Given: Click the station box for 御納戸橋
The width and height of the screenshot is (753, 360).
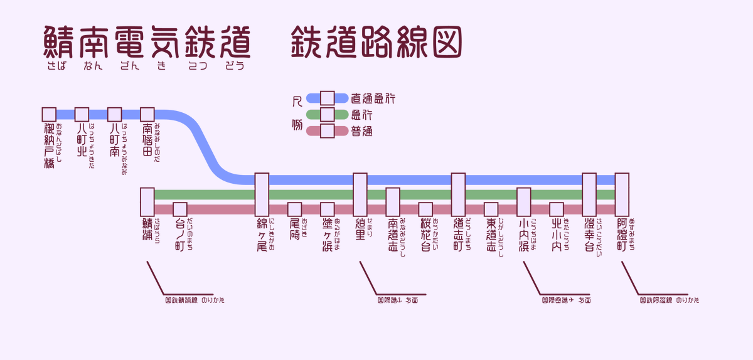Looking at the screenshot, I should coord(49,114).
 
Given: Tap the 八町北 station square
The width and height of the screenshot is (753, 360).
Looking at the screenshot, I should coord(82,114).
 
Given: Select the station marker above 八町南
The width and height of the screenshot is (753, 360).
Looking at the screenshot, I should coord(114,114).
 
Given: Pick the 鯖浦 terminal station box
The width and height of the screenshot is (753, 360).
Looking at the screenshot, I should coord(147,201).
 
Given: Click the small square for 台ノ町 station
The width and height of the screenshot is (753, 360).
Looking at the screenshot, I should coord(180,209).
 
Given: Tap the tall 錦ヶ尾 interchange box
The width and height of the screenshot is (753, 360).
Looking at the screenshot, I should coord(262,194).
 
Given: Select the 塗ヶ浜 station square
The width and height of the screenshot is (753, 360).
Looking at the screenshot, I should coord(327,209).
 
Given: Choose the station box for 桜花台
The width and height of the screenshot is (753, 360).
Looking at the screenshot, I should coord(425,209).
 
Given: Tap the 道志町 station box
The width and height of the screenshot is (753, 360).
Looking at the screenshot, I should coord(458,194).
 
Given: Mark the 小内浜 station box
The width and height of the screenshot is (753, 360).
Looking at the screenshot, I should coord(524,201).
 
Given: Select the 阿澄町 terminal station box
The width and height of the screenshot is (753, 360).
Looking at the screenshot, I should coord(622,194).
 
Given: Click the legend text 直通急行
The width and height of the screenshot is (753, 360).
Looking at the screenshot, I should coord(373,98).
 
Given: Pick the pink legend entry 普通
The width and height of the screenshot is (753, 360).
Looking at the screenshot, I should coord(362,131).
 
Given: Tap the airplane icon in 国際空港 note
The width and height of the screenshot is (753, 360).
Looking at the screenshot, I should coord(571,300).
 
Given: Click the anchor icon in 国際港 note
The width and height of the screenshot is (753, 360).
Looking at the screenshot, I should coord(399,300).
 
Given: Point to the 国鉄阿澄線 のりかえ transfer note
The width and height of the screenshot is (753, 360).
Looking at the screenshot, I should coord(669,300).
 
